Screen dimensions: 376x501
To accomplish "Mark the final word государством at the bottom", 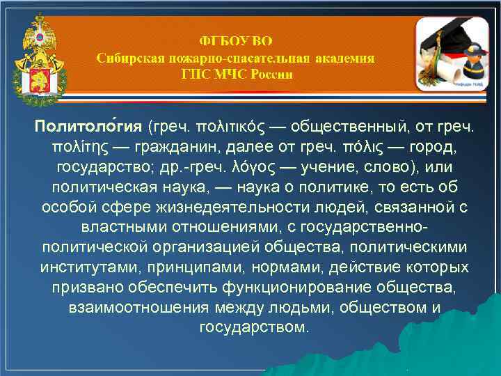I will pyautogui.click(x=254, y=327).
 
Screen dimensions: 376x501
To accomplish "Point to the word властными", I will pyautogui.click(x=116, y=228).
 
